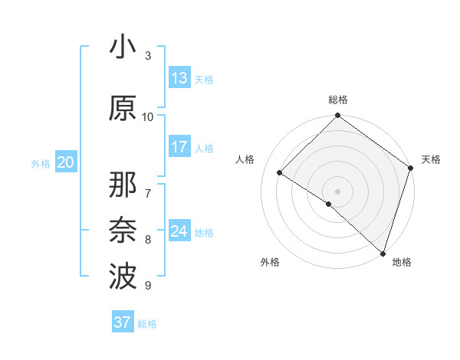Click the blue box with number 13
179,78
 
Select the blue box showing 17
179,147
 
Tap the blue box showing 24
179,231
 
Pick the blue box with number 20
66,162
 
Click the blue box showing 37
123,322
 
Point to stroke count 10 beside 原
148,117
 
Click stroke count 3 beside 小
148,56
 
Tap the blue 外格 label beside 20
41,163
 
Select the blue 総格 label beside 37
147,324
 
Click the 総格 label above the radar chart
337,100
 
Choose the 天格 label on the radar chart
431,159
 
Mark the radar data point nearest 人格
280,173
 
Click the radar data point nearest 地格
383,253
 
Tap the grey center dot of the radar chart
337,191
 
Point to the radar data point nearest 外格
328,204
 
